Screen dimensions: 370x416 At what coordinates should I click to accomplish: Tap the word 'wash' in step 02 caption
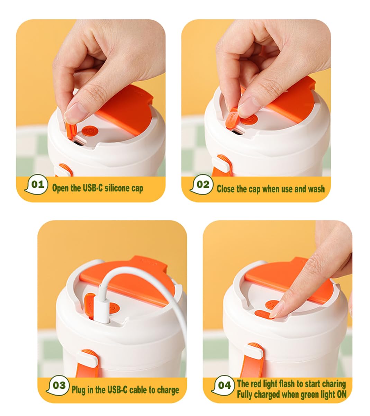pyautogui.click(x=316, y=189)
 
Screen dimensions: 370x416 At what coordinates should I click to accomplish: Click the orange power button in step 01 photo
pyautogui.click(x=90, y=131)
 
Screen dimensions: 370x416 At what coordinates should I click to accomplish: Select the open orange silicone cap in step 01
pyautogui.click(x=72, y=131)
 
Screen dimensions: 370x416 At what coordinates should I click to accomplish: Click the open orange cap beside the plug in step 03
pyautogui.click(x=90, y=306)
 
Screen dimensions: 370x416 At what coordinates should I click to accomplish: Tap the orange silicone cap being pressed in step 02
pyautogui.click(x=232, y=118)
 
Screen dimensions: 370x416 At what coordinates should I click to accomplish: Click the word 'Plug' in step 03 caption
pyautogui.click(x=79, y=390)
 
